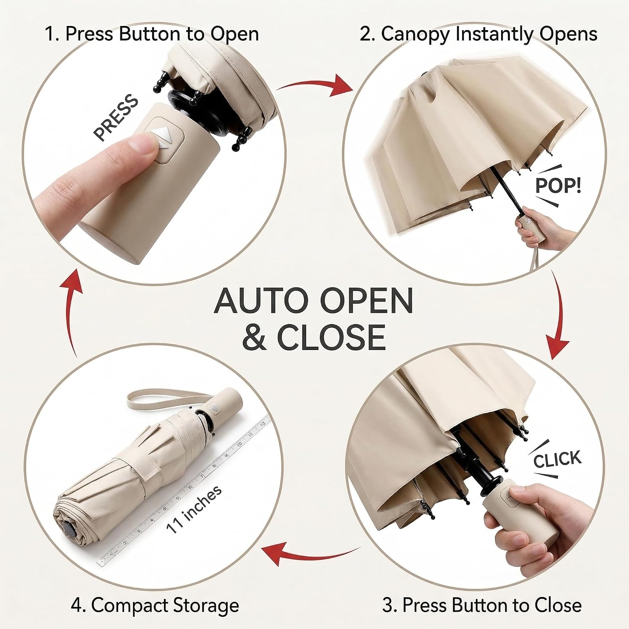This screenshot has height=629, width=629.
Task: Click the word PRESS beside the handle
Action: tap(116, 118)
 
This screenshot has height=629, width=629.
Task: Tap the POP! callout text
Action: tap(558, 185)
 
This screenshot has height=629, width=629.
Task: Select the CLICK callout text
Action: tap(557, 459)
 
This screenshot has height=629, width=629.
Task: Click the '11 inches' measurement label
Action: tap(194, 509)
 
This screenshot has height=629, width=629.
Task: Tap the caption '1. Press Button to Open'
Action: tap(152, 34)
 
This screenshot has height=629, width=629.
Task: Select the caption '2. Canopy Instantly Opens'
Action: tap(478, 34)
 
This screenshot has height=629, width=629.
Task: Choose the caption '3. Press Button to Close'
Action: tap(482, 605)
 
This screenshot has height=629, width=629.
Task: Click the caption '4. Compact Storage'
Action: tap(155, 606)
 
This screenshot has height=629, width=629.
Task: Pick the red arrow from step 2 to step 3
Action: tap(559, 319)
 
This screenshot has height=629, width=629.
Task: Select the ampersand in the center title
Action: tap(254, 337)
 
